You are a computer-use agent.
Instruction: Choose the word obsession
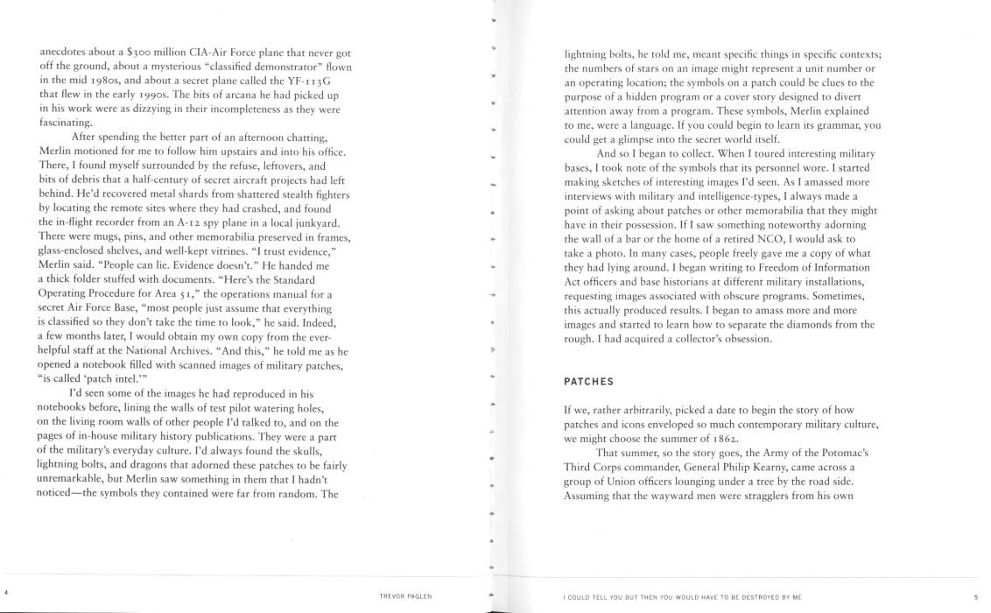744,339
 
